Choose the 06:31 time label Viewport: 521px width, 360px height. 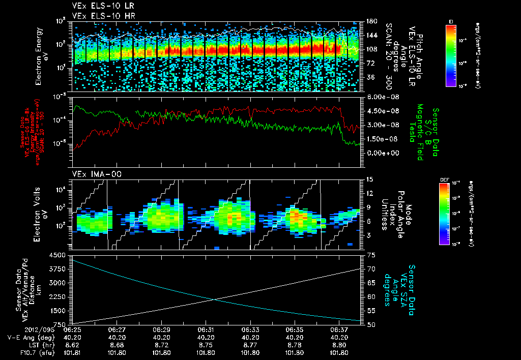(x=206, y=330)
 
